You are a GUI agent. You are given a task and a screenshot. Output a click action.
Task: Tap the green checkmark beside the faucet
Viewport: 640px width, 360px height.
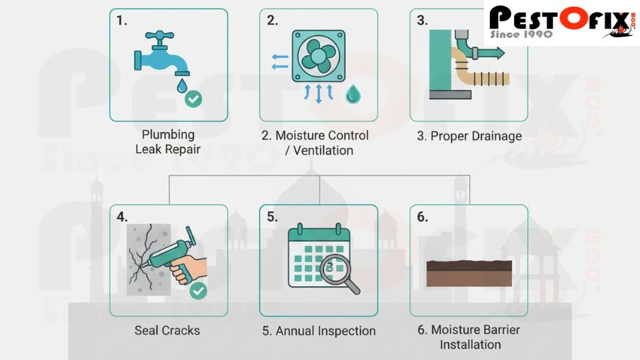pos(193,99)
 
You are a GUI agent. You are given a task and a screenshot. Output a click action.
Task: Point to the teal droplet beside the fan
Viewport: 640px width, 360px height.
pos(352,96)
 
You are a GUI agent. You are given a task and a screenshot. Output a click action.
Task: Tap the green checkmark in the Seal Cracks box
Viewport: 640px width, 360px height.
pos(198,291)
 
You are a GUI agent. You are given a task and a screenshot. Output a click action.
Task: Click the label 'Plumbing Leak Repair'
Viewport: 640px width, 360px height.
pos(168,142)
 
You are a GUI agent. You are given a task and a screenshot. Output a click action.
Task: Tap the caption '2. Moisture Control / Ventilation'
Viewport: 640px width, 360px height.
pos(319,143)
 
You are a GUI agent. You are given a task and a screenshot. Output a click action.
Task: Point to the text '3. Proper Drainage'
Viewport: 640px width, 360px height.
pos(468,136)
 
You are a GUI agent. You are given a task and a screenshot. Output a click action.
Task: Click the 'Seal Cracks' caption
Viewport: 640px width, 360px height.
pos(167,330)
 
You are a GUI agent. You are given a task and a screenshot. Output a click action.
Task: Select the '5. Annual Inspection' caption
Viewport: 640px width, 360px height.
pos(319,331)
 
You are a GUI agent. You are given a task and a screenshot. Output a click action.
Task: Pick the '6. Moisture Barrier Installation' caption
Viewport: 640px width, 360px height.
pos(469,337)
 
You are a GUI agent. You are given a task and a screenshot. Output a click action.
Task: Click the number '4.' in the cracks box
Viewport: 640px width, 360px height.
pos(122,217)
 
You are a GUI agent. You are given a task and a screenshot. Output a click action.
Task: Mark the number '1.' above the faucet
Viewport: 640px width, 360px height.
pos(121,20)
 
